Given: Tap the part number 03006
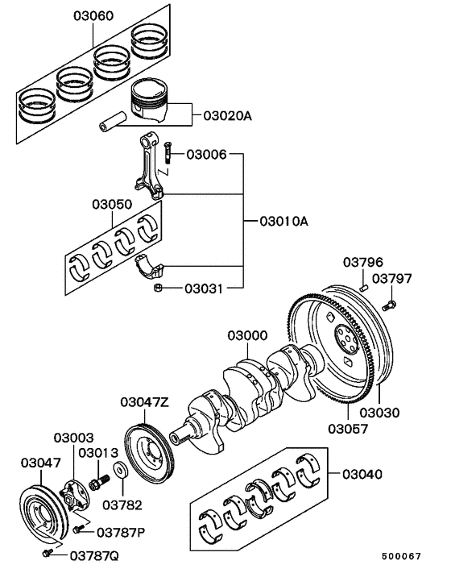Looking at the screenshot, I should (208, 153).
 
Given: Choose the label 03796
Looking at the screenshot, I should (364, 263).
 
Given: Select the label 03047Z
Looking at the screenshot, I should (145, 401).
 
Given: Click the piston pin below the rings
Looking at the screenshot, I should (113, 126).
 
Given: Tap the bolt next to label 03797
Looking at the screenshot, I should (391, 305).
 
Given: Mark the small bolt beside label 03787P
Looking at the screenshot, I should (78, 529).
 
